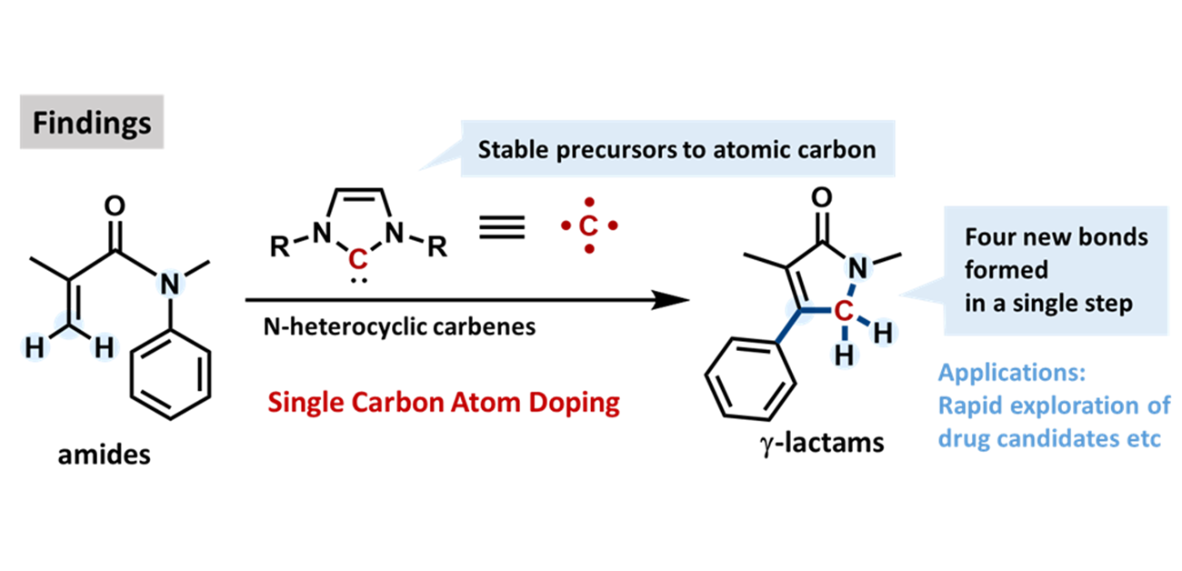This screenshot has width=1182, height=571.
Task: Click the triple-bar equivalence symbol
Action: point(500,227)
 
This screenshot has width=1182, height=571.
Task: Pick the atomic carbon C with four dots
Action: point(589,225)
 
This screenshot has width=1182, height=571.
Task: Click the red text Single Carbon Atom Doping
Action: point(444,401)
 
